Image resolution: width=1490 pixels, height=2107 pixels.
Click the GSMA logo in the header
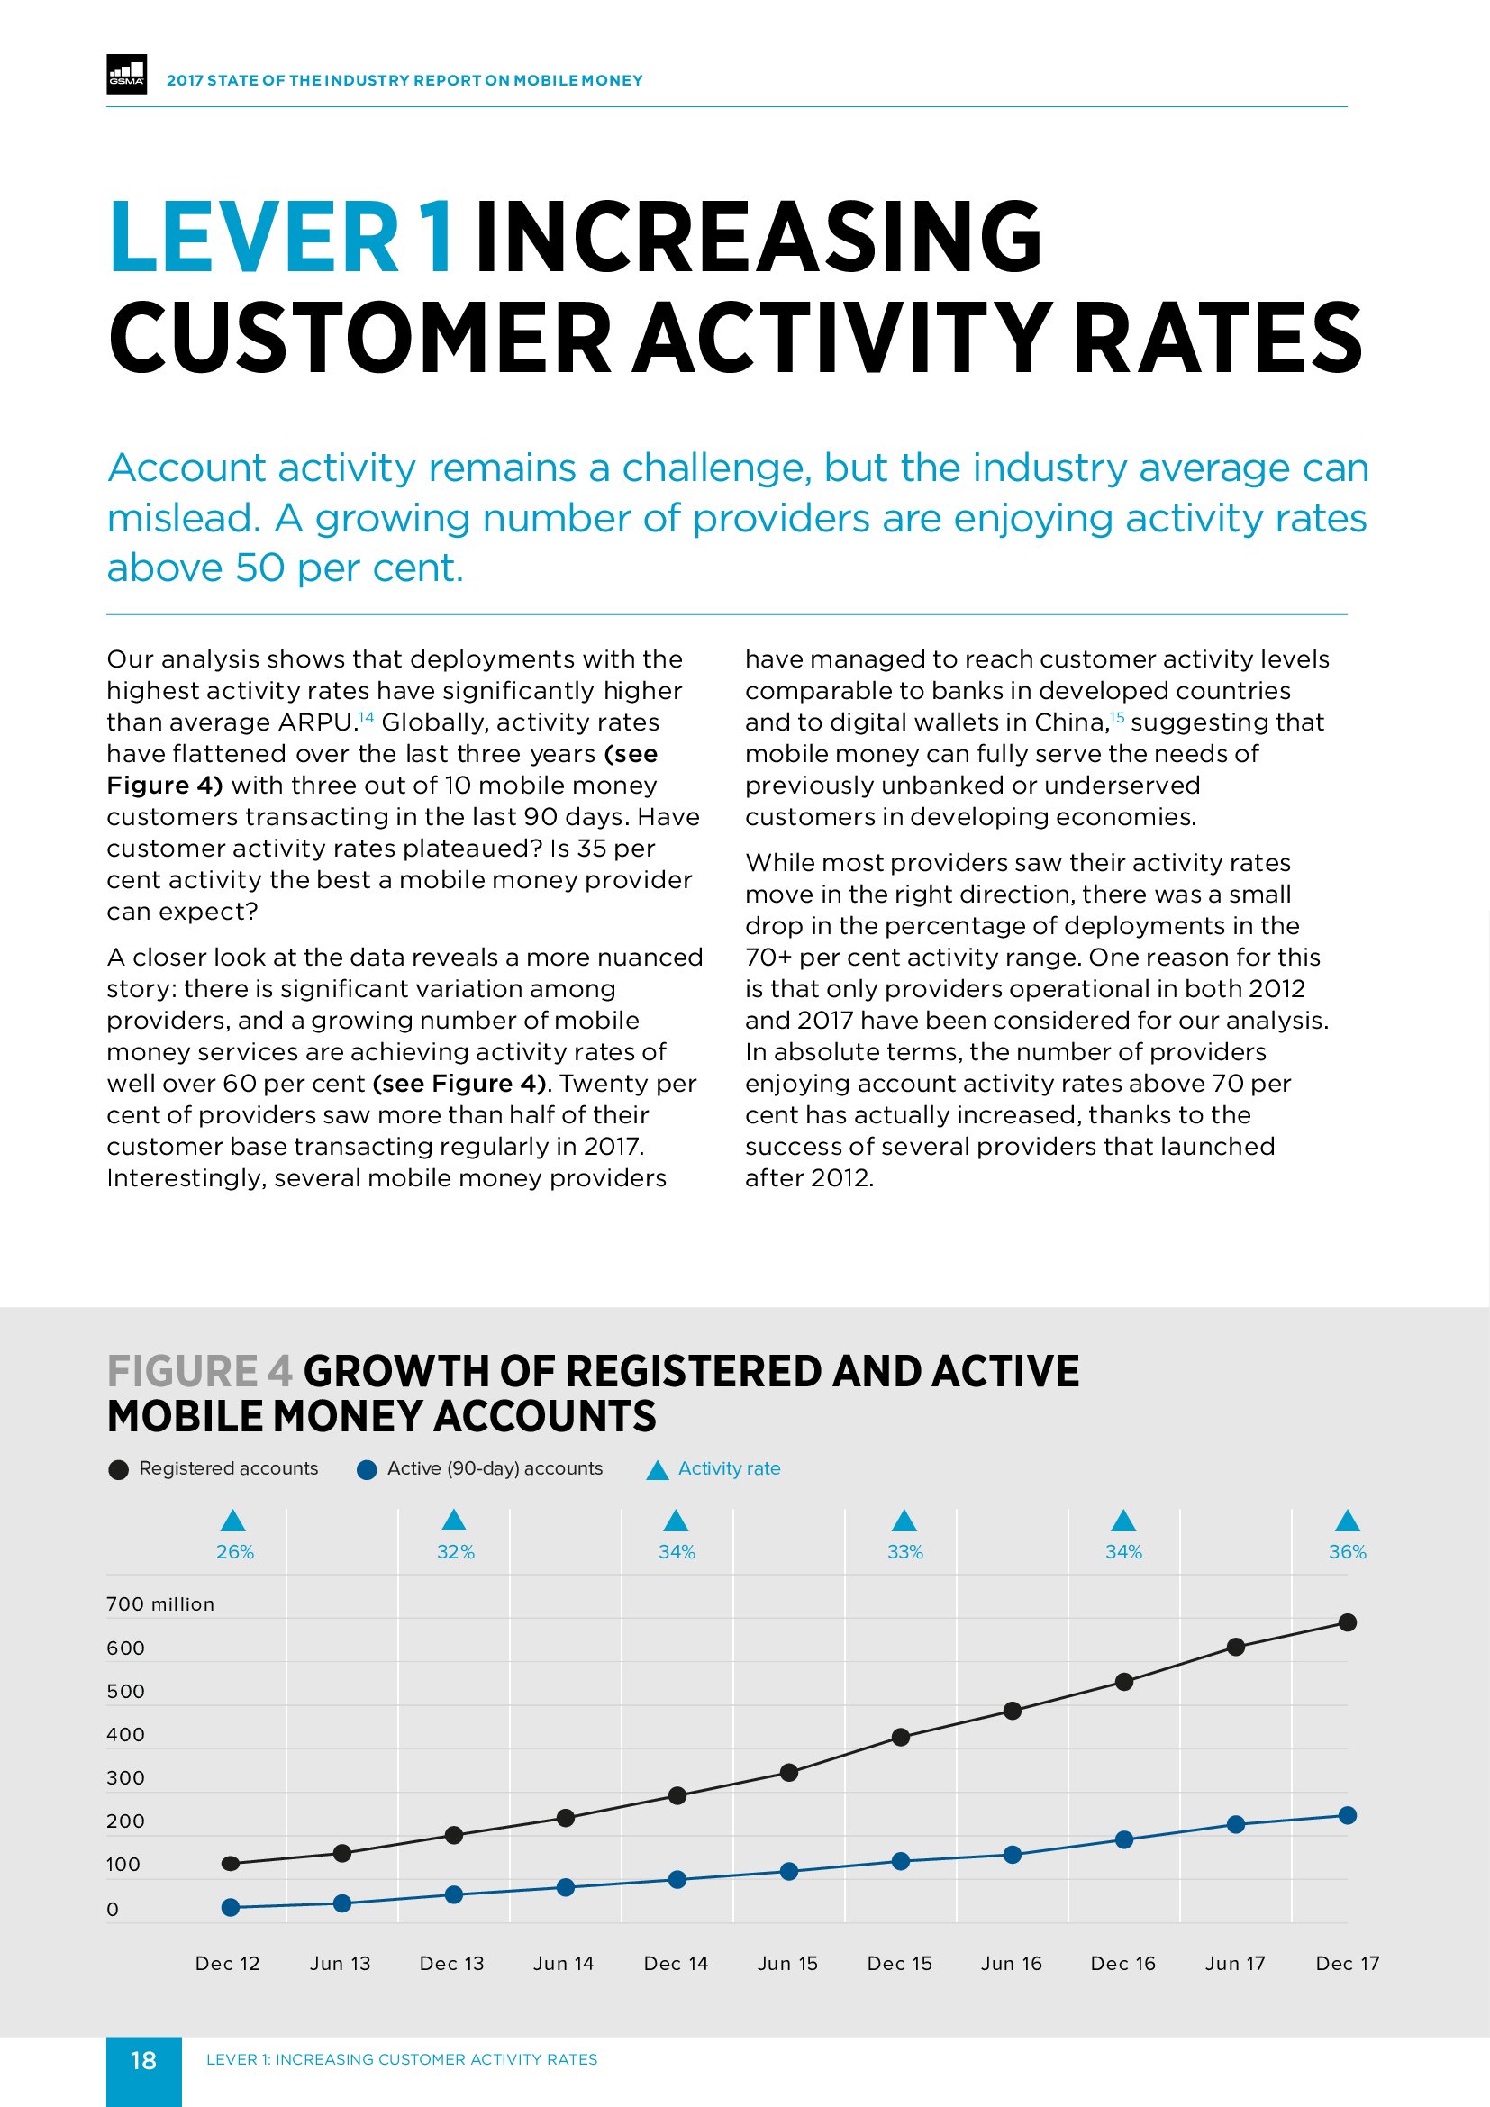127,76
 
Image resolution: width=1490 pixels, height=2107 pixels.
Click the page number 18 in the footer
143,2060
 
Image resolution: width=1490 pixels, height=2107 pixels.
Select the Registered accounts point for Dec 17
1347,1622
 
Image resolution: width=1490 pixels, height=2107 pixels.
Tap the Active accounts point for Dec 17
1347,1815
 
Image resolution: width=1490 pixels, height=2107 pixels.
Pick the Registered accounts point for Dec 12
232,1863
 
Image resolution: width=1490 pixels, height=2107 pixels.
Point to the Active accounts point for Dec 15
901,1861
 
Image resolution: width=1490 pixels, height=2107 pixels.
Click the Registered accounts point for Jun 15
789,1772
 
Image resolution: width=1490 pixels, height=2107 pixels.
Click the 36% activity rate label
1347,1552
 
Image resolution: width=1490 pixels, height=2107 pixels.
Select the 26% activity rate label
235,1552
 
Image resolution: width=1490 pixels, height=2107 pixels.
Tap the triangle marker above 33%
904,1521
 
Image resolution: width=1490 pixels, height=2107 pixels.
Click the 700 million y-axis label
160,1604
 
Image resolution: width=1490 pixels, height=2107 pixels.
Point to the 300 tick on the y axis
126,1777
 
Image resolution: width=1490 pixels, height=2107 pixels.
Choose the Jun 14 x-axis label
563,1963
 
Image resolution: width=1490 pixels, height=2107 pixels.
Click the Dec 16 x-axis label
1123,1963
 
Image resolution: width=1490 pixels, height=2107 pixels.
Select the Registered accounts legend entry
228,1468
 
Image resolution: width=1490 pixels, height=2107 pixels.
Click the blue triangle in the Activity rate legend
657,1470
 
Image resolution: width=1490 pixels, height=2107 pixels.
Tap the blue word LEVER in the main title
254,239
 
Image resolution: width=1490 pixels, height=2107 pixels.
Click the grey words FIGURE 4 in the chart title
200,1372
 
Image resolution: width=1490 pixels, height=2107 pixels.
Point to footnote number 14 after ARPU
366,717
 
